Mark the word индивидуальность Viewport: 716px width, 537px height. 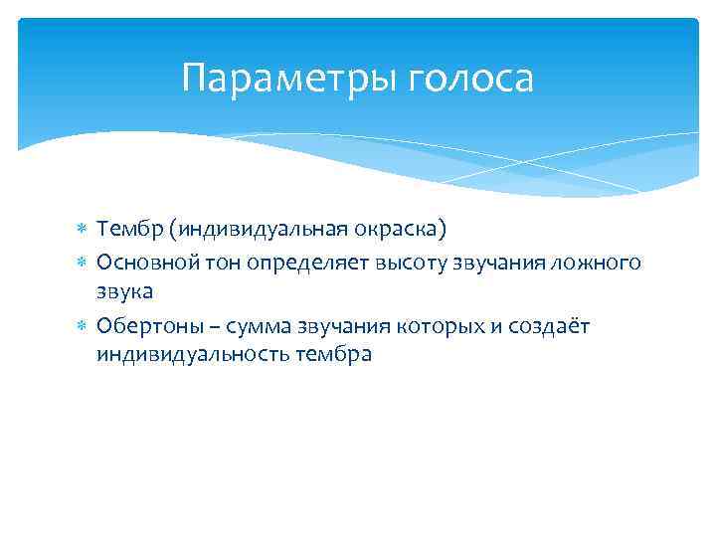pyautogui.click(x=193, y=355)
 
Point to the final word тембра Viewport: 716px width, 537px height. pyautogui.click(x=333, y=355)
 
